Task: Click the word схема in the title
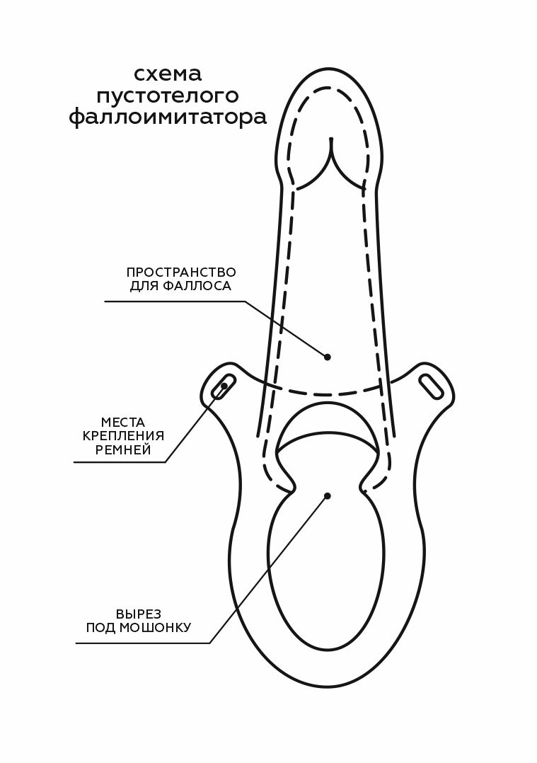pos(168,74)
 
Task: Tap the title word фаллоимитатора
pos(168,117)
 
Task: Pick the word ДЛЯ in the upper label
pos(143,287)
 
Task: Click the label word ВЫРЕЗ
pos(139,613)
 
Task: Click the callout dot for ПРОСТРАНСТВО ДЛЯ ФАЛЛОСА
pos(327,357)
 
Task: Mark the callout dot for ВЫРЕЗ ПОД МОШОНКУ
pos(327,495)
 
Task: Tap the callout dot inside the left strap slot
pos(226,385)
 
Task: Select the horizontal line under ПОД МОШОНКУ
pos(142,643)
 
